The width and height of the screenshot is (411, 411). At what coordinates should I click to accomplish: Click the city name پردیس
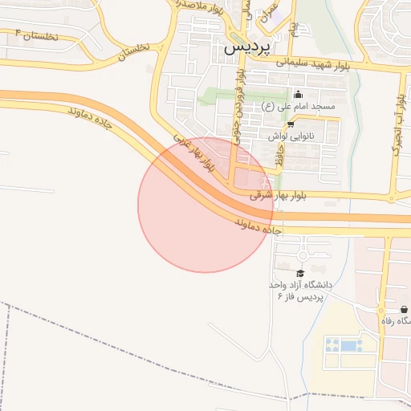243,47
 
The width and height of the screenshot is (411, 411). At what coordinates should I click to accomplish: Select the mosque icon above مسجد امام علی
299,94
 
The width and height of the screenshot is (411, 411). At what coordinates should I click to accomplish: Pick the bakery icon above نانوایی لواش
290,124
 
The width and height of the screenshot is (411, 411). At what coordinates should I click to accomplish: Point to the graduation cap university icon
301,273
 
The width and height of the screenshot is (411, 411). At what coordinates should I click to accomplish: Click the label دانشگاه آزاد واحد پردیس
303,291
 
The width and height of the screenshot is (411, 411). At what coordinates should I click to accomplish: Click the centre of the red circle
205,205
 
